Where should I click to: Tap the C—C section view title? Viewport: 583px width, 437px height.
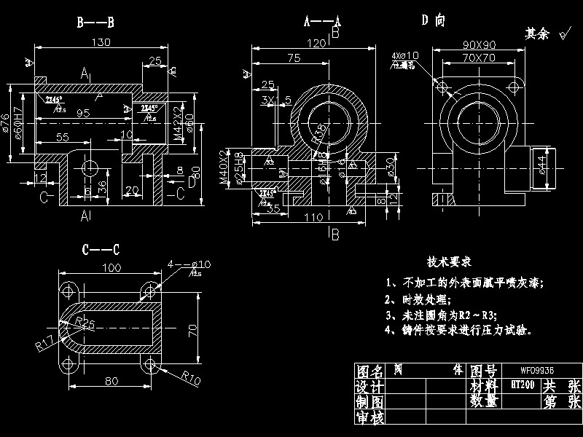coord(101,250)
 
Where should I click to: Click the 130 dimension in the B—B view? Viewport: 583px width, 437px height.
coord(101,42)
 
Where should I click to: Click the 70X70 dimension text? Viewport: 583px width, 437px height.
coord(479,57)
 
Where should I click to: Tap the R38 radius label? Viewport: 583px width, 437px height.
coord(318,133)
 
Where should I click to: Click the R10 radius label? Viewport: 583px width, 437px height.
coord(191,377)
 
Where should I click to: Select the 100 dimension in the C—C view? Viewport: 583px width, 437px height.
coord(111,269)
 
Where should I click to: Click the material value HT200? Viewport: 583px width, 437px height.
coord(519,384)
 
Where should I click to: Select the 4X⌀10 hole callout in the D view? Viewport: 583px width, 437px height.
coord(405,55)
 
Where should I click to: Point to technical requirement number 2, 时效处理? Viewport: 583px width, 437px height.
coord(418,299)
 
